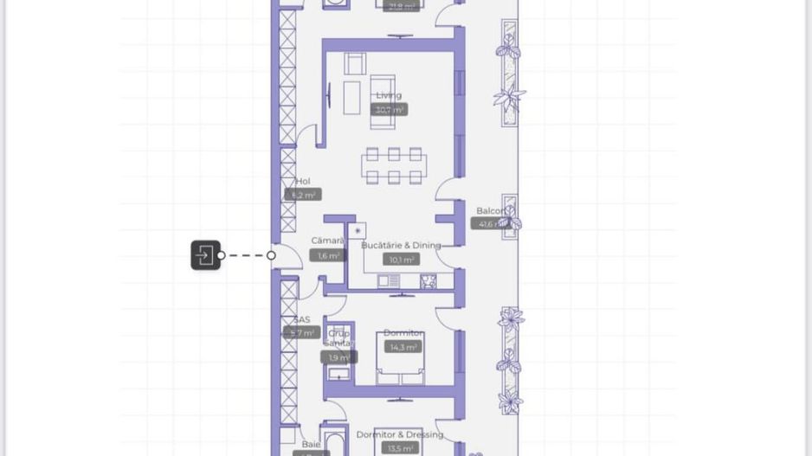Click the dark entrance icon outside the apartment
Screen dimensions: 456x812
coord(206,255)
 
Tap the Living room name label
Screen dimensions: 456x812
coord(389,95)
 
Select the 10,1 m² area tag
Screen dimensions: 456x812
coord(402,260)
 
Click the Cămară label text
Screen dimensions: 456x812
coord(327,241)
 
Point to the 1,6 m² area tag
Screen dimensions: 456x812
coord(328,256)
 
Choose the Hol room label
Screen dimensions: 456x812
coord(302,182)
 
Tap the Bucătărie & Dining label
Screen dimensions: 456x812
coord(401,246)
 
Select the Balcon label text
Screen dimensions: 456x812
coord(490,211)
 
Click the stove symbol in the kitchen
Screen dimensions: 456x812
coord(428,281)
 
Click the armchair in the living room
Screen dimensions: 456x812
coord(355,64)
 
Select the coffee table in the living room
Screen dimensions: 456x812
coord(351,98)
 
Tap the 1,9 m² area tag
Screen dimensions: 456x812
coord(338,357)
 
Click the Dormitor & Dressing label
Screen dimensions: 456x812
coord(399,435)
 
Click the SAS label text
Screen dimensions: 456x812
coord(301,320)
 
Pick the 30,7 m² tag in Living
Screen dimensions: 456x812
coord(389,110)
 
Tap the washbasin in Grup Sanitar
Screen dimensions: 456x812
coord(338,375)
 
